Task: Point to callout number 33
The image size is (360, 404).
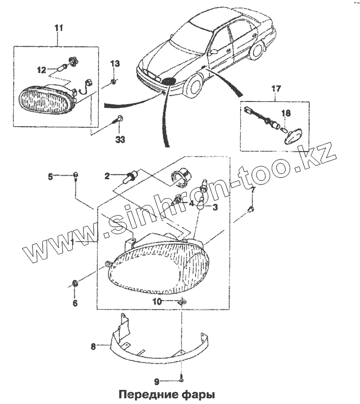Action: point(120,139)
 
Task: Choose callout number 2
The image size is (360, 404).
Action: point(109,176)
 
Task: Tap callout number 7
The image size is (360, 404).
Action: point(252,190)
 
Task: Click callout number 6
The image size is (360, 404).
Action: point(75,304)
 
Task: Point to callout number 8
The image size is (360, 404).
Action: point(93,347)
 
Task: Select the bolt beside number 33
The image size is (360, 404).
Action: point(120,118)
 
